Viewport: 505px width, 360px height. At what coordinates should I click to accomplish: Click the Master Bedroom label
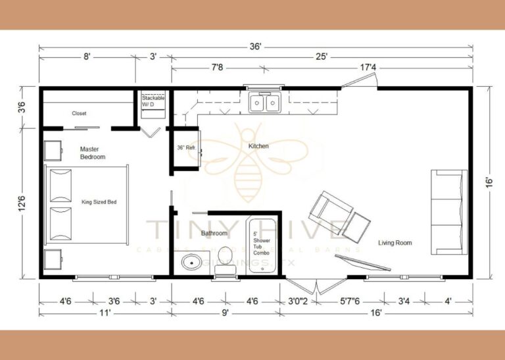[x=93, y=153]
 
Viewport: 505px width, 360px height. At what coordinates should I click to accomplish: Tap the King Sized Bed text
[x=99, y=202]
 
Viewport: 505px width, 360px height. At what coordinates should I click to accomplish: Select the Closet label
[x=79, y=113]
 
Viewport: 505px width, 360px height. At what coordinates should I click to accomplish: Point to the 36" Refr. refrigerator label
[x=186, y=147]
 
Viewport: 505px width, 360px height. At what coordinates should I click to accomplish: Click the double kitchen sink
[x=264, y=103]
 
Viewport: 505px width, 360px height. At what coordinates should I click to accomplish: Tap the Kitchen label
[x=258, y=145]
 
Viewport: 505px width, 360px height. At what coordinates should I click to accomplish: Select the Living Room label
[x=395, y=243]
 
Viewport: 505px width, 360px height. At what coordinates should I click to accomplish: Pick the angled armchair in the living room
[x=327, y=209]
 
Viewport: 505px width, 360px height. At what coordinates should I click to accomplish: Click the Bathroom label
[x=214, y=233]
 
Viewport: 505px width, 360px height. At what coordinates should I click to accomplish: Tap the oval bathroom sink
[x=193, y=263]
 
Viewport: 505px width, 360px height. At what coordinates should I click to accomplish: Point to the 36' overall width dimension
[x=256, y=47]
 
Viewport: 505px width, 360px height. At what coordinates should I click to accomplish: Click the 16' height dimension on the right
[x=489, y=181]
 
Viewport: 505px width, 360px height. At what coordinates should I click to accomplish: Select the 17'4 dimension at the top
[x=368, y=67]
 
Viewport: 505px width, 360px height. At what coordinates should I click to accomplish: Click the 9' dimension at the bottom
[x=225, y=313]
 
